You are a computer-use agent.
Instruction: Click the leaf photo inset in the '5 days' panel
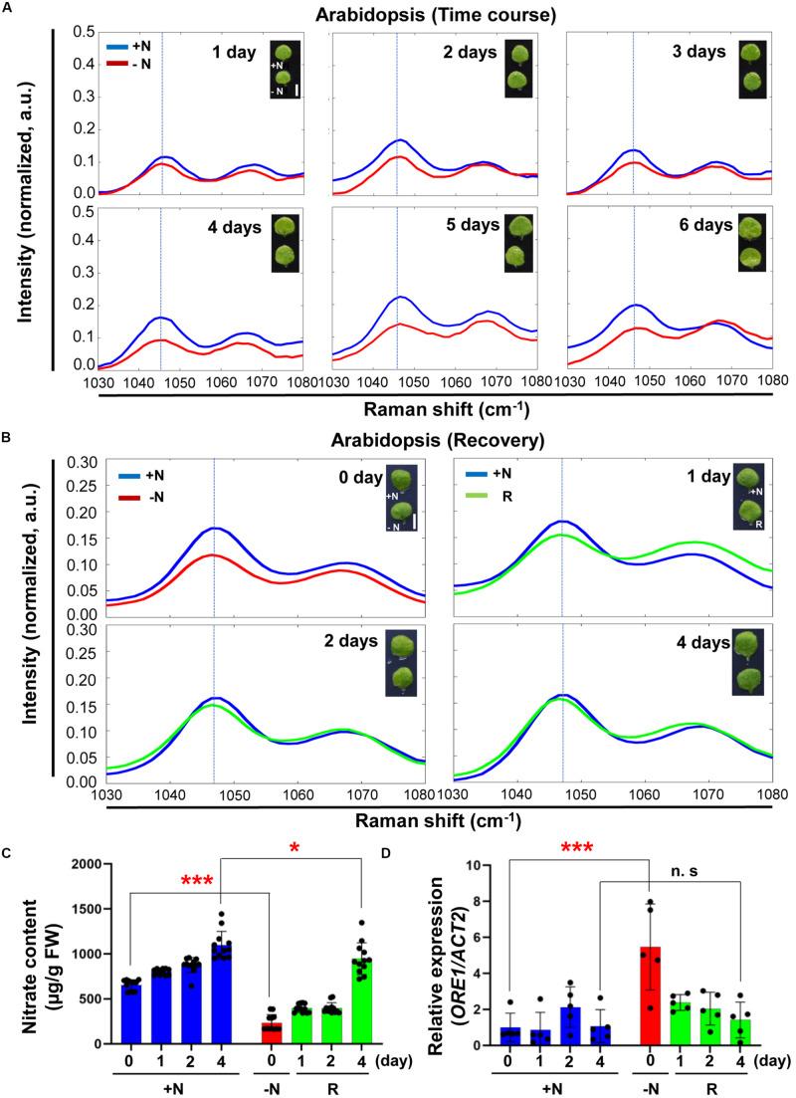[519, 243]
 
